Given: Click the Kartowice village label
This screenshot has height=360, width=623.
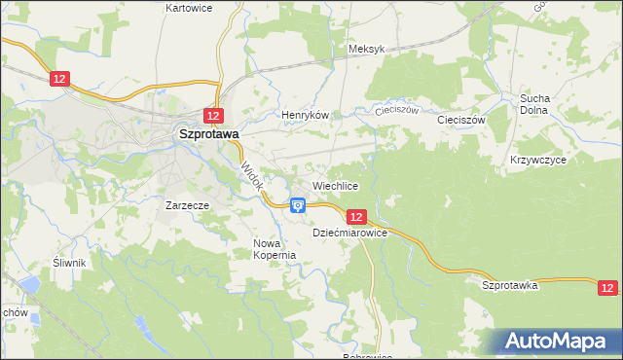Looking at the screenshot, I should pyautogui.click(x=189, y=8).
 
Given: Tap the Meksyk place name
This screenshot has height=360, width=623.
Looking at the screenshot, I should pyautogui.click(x=367, y=49).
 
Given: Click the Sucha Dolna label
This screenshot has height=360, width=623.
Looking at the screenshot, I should pyautogui.click(x=535, y=104).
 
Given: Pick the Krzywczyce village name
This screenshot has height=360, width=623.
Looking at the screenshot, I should pyautogui.click(x=537, y=159).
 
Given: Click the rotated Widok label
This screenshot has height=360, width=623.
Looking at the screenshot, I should pyautogui.click(x=252, y=175).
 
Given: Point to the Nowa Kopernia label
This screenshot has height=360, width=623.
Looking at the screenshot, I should pyautogui.click(x=274, y=249).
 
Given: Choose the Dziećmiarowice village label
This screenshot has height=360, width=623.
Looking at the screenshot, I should pyautogui.click(x=350, y=234).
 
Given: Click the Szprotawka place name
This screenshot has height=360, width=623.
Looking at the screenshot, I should pyautogui.click(x=510, y=285).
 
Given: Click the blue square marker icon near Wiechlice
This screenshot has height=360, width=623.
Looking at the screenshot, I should pyautogui.click(x=298, y=205).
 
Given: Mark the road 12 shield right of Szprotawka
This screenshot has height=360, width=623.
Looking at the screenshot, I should pyautogui.click(x=607, y=287).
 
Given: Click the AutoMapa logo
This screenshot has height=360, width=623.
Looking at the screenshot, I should pyautogui.click(x=560, y=342).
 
